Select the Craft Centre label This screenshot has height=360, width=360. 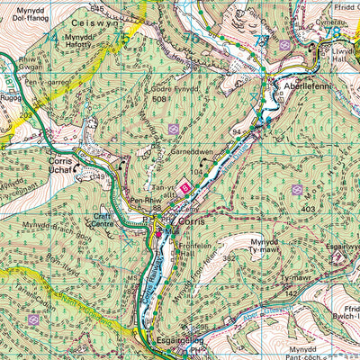coord(107,219)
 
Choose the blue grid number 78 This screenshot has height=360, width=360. coord(334,31)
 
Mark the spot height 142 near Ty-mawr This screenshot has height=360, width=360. coord(290,293)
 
